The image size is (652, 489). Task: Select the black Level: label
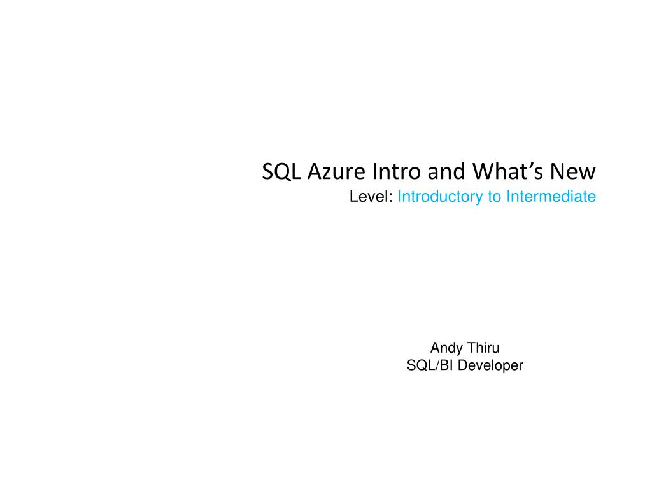(x=371, y=197)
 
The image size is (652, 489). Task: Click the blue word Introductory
(x=441, y=197)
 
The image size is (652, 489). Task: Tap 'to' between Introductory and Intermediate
(x=495, y=197)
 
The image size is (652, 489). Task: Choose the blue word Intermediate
(x=551, y=197)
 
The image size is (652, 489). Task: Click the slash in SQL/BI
(x=434, y=365)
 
